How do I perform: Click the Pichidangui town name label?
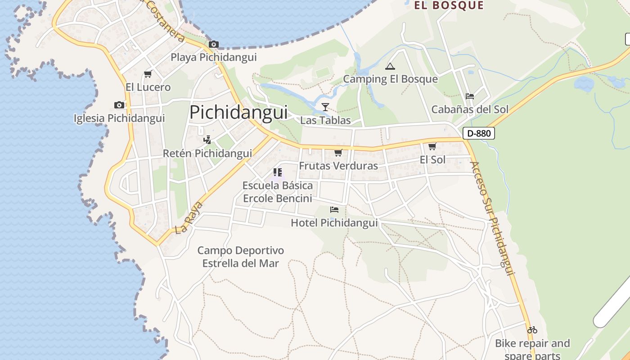click(x=238, y=112)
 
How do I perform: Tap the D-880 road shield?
click(x=479, y=133)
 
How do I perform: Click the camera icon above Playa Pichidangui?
click(x=214, y=44)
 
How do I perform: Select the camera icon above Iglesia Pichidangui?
click(x=119, y=105)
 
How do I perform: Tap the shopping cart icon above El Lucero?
click(x=148, y=74)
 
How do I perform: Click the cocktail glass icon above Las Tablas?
click(x=325, y=107)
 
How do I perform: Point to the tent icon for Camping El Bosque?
click(x=390, y=66)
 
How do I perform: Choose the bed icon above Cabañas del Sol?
click(x=470, y=96)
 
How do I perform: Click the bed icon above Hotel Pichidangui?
click(x=334, y=209)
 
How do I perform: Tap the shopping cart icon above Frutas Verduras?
click(x=338, y=153)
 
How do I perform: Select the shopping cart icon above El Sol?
click(x=432, y=146)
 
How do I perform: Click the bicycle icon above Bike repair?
click(x=532, y=330)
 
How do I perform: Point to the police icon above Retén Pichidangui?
click(x=207, y=139)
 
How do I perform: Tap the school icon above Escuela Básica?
click(x=278, y=172)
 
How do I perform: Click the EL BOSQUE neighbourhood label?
click(x=449, y=5)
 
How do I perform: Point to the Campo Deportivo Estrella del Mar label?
click(x=241, y=257)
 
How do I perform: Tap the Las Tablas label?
click(x=325, y=121)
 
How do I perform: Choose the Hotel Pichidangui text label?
click(x=334, y=223)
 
